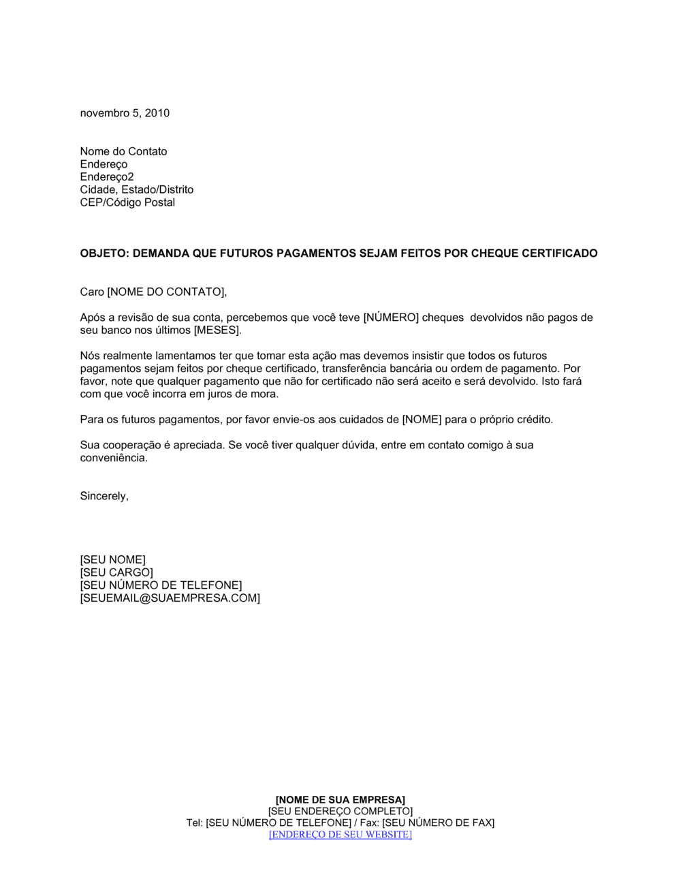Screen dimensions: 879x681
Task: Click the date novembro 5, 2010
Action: [125, 113]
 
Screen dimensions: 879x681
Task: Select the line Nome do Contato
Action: [123, 151]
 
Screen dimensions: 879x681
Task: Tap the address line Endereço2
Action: [107, 177]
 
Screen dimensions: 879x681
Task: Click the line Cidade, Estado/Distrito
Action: [136, 189]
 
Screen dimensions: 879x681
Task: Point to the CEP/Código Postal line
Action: [127, 202]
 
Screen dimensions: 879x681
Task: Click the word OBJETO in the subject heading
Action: [103, 253]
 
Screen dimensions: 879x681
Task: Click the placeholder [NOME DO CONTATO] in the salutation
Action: [165, 292]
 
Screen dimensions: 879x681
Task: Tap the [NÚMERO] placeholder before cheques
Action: [390, 318]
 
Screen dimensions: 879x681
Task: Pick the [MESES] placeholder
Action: [217, 330]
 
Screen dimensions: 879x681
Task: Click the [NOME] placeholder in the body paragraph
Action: [422, 420]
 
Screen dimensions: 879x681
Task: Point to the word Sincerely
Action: [104, 496]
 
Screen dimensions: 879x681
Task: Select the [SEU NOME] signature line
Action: [112, 560]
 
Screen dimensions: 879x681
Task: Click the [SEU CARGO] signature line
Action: [116, 573]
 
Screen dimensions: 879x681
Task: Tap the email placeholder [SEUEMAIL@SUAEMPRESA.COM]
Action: [170, 598]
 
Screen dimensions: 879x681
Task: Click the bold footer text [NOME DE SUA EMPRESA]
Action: [340, 799]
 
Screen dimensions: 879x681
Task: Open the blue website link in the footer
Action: [340, 835]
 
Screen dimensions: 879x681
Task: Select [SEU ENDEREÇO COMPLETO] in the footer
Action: [340, 811]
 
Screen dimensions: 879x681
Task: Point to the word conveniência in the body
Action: [113, 458]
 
